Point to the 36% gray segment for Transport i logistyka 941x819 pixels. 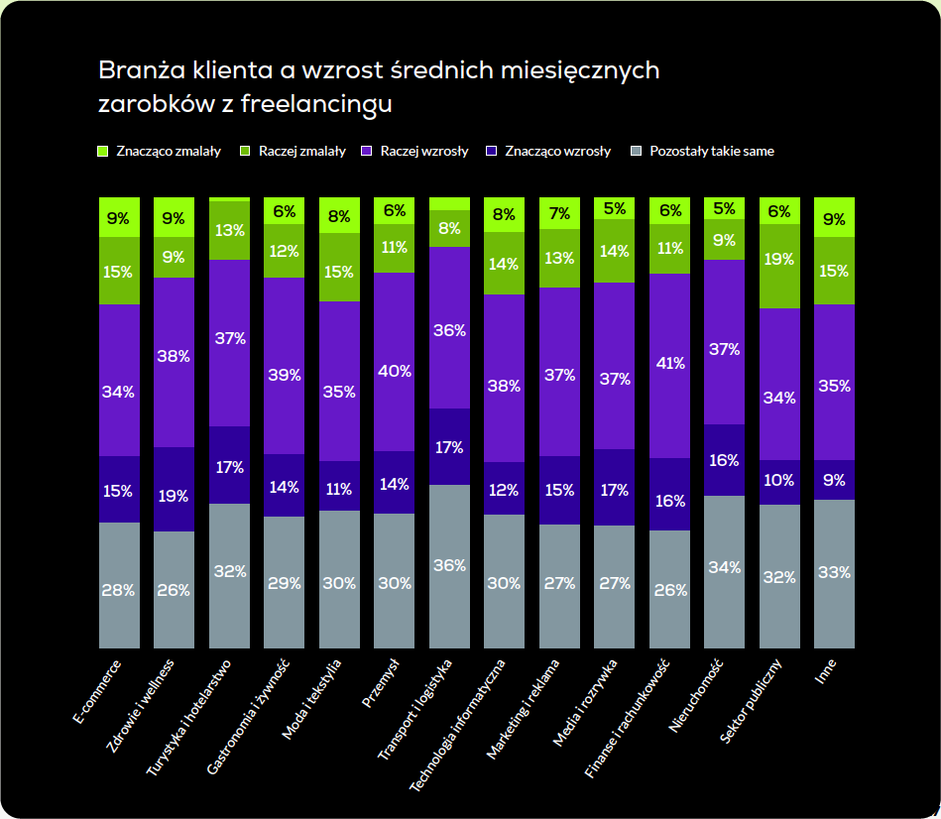pyautogui.click(x=449, y=565)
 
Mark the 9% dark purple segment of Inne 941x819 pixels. pyautogui.click(x=834, y=480)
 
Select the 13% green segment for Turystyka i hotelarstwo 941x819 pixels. pyautogui.click(x=229, y=230)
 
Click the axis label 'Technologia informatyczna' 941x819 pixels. pyautogui.click(x=457, y=724)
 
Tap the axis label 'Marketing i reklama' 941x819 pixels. pyautogui.click(x=523, y=708)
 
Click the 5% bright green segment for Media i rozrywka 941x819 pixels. pyautogui.click(x=614, y=208)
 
